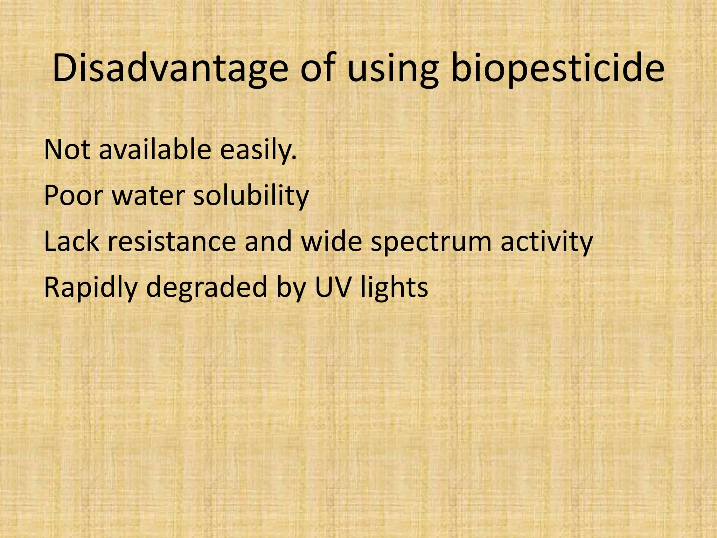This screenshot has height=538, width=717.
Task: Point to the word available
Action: pos(155,150)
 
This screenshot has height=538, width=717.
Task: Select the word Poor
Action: pos(73,196)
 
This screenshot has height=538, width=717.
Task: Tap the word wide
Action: pos(331,242)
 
